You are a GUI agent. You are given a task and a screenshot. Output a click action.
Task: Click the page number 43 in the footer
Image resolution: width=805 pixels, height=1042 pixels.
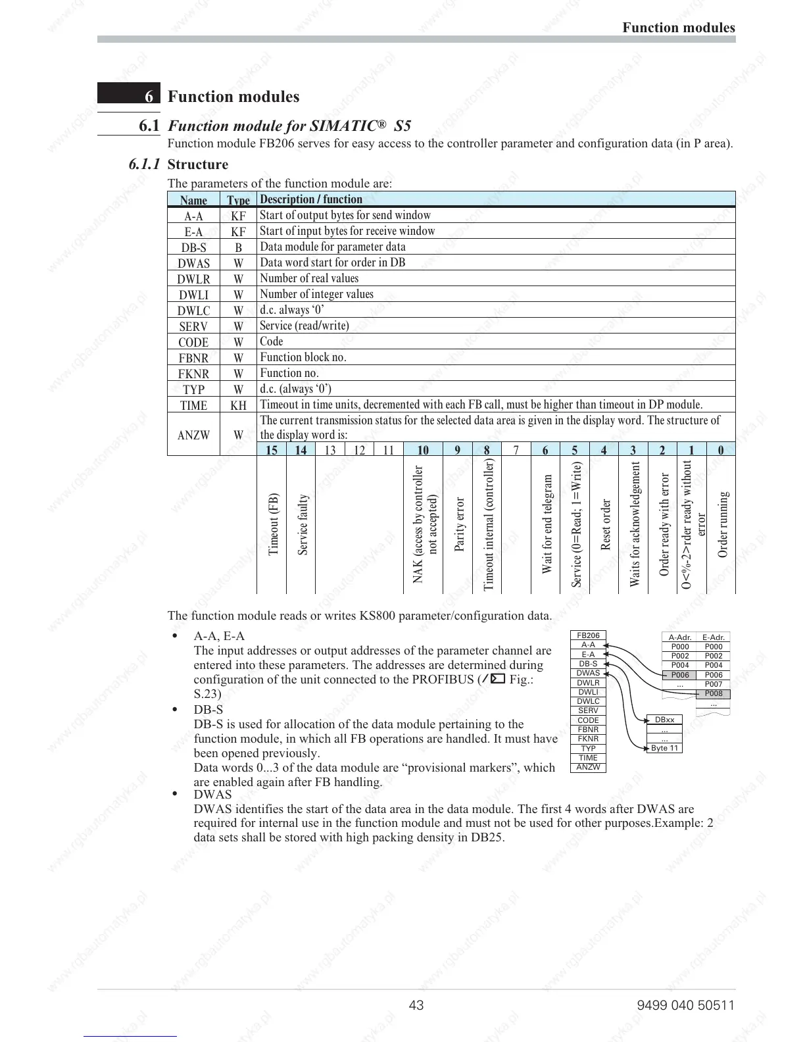416,1005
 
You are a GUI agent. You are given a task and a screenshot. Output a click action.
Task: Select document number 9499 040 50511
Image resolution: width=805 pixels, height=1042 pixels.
685,1005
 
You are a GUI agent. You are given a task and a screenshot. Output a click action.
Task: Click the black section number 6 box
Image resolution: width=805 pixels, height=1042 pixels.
129,94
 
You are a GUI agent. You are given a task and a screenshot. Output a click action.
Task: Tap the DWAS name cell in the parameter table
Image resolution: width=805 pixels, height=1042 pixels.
193,263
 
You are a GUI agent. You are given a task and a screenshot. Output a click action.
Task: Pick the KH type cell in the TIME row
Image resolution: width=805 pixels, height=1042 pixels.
238,405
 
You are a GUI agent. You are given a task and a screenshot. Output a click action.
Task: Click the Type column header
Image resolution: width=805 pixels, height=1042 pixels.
238,200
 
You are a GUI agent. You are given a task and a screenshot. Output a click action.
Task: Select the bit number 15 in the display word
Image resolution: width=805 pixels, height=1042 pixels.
271,450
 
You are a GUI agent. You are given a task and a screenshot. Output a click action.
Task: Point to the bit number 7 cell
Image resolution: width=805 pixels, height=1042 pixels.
516,450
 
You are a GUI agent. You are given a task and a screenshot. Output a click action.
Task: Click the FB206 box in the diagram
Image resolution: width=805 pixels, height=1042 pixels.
588,635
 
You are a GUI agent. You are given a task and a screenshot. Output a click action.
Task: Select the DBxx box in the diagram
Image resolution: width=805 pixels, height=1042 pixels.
664,720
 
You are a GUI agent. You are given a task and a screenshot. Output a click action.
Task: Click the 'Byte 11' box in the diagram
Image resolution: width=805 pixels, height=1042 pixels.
664,748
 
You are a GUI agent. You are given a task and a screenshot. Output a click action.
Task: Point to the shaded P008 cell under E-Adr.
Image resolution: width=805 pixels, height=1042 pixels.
714,693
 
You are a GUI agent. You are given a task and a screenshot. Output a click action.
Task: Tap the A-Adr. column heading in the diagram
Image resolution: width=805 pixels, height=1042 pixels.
680,637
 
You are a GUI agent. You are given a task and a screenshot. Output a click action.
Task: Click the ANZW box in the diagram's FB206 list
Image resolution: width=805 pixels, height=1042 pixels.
588,767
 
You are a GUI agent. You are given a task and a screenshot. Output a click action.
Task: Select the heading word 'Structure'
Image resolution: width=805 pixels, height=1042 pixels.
198,164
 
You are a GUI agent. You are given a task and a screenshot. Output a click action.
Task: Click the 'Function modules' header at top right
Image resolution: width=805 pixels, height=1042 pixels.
679,28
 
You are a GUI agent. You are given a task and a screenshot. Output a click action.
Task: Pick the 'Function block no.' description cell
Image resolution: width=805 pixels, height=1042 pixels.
303,357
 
